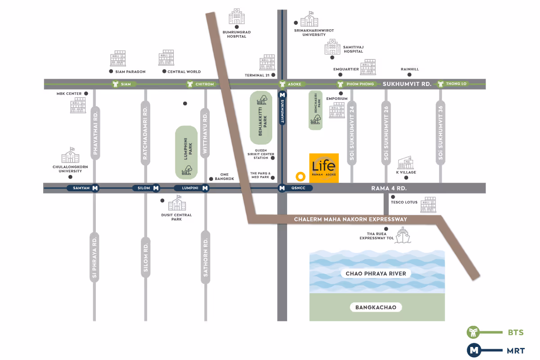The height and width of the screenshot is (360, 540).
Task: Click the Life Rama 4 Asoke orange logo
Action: click(x=324, y=168)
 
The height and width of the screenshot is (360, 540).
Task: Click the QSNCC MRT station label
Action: click(x=298, y=188)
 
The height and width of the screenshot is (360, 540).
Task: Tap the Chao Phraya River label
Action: click(x=376, y=274)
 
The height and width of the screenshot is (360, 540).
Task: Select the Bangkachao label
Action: click(x=376, y=307)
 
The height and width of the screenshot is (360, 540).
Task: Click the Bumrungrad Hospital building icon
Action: click(x=237, y=17)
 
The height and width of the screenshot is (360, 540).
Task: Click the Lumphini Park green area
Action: click(x=186, y=152)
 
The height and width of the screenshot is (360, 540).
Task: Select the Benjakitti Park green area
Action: click(x=261, y=117)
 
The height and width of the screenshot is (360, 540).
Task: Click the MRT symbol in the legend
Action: click(x=473, y=350)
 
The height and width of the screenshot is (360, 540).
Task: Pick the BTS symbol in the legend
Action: click(x=473, y=333)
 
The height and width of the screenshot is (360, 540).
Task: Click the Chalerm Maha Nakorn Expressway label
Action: click(x=351, y=219)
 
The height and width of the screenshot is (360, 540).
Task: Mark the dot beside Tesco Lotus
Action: click(x=393, y=197)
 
